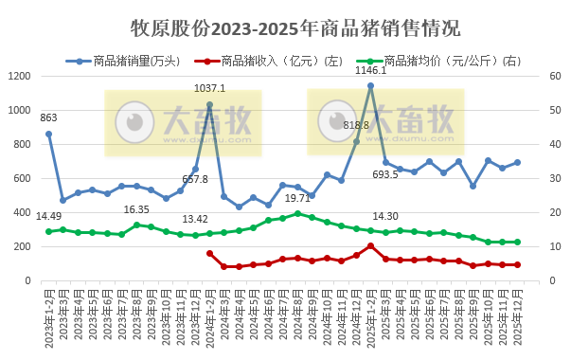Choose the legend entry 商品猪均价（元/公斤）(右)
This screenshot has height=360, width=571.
click(435, 61)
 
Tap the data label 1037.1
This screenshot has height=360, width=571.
click(209, 88)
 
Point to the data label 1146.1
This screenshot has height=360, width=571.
click(370, 70)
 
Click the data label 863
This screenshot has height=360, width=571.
click(48, 118)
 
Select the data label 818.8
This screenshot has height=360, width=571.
click(356, 125)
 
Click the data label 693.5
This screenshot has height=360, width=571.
click(384, 175)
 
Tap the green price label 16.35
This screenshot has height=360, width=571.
click(136, 209)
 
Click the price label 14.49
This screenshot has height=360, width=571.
click(49, 217)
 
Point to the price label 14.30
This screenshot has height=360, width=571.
click(384, 216)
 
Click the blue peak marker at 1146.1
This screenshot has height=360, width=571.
click(370, 85)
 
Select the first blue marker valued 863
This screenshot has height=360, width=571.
click(49, 134)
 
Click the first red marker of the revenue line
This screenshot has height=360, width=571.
click(209, 253)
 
